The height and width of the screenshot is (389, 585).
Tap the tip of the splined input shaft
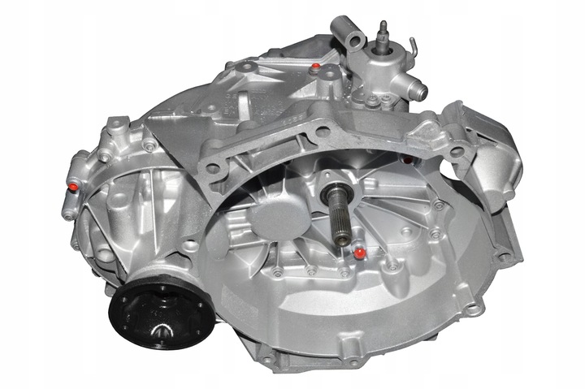(344, 237)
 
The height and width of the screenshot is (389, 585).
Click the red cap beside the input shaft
(358, 254)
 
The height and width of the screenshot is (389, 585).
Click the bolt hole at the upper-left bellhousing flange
(213, 169)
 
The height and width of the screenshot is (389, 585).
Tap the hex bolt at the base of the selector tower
(371, 102)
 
